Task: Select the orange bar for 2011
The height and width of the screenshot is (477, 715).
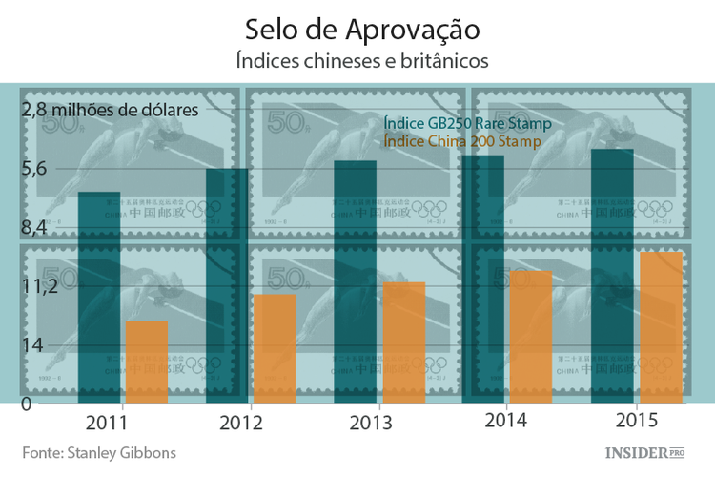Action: pyautogui.click(x=147, y=361)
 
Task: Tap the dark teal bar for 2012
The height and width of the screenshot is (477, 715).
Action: pyautogui.click(x=228, y=284)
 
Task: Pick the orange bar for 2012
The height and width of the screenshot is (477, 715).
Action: pyautogui.click(x=275, y=348)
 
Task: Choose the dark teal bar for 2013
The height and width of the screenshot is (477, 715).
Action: pyautogui.click(x=356, y=281)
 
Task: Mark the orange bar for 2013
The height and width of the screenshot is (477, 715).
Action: pyautogui.click(x=403, y=342)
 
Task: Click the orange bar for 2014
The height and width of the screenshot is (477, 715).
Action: pyautogui.click(x=531, y=336)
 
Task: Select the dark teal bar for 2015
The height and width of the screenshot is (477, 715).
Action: pyautogui.click(x=612, y=275)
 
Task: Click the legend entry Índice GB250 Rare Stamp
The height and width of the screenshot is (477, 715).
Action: pyautogui.click(x=467, y=124)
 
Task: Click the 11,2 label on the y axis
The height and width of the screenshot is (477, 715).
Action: pyautogui.click(x=39, y=286)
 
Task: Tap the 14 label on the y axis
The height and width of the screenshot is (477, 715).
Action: pyautogui.click(x=32, y=344)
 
